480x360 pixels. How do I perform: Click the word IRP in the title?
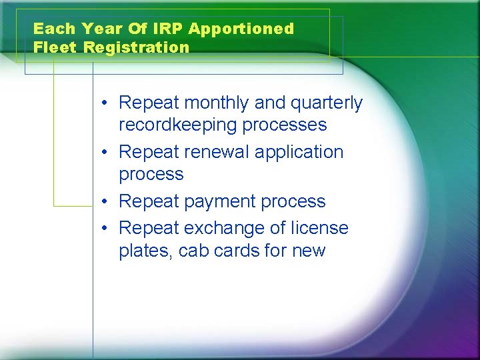pyautogui.click(x=170, y=29)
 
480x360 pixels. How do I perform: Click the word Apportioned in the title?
pyautogui.click(x=241, y=29)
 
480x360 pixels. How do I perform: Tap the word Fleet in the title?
pyautogui.click(x=55, y=47)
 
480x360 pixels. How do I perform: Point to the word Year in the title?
pyautogui.click(x=99, y=29)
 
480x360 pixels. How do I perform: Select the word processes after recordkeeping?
pyautogui.click(x=285, y=125)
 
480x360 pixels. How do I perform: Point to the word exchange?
pyautogui.click(x=224, y=228)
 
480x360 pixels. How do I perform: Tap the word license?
pyautogui.click(x=320, y=228)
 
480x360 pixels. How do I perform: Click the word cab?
pyautogui.click(x=195, y=251)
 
